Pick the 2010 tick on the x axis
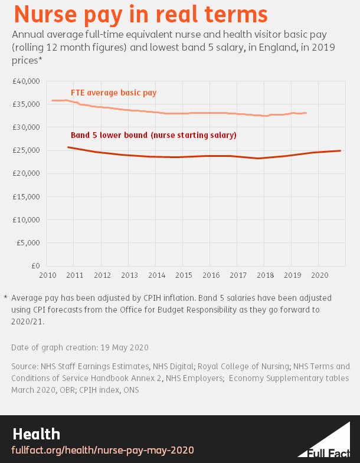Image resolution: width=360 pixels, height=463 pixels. [x=47, y=275]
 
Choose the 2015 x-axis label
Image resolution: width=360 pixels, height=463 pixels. [x=183, y=275]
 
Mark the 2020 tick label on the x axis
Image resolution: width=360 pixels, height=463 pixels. [x=319, y=275]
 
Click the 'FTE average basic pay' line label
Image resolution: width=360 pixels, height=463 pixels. [x=113, y=93]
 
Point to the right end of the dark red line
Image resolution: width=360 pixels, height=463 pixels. [x=341, y=150]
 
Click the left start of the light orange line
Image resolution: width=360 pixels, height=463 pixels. [x=52, y=100]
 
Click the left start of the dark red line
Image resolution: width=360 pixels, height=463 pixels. [x=68, y=147]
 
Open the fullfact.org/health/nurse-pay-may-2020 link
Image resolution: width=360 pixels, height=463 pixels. [x=103, y=450]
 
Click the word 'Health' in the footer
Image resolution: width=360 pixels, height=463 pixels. [x=36, y=435]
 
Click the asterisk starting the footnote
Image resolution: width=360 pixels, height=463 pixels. [x=5, y=298]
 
